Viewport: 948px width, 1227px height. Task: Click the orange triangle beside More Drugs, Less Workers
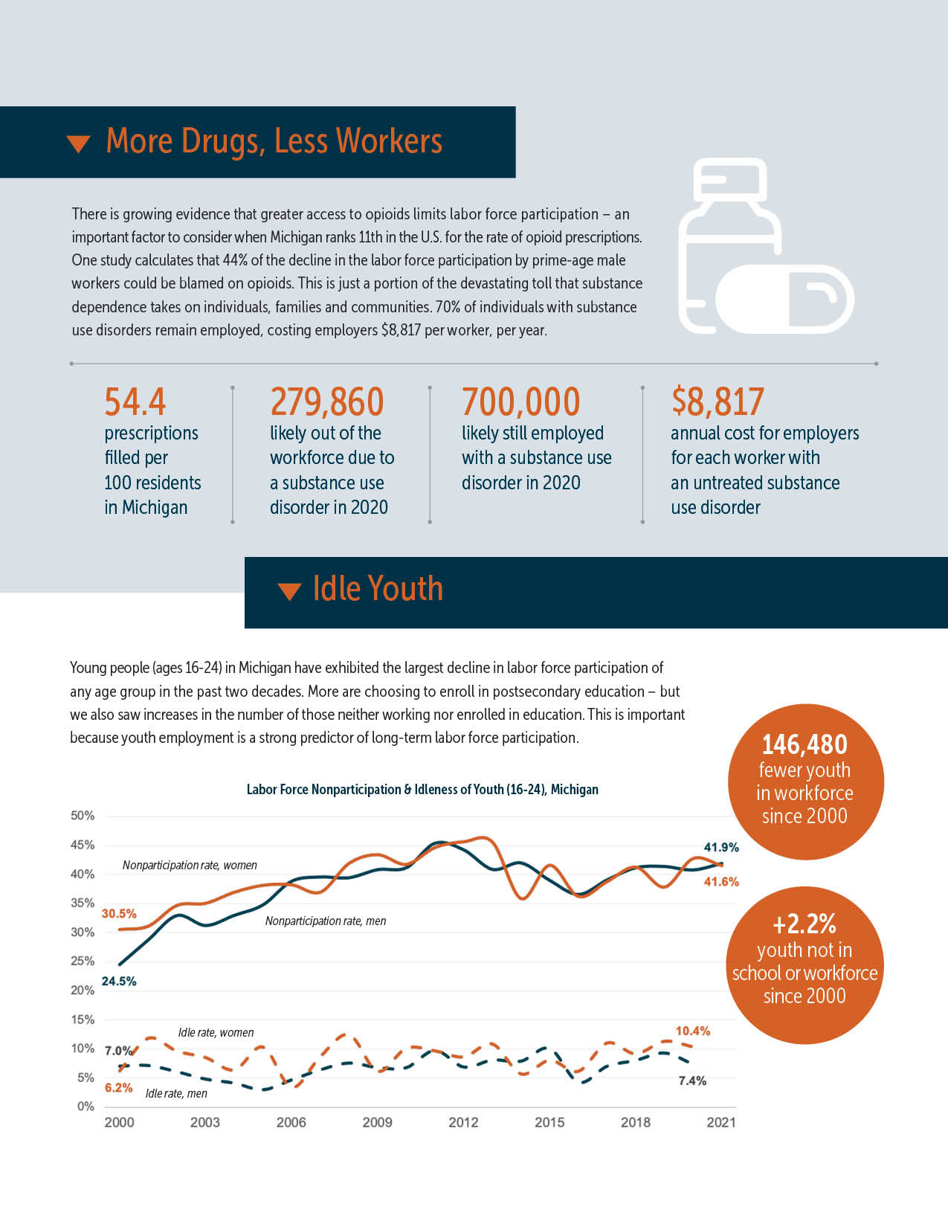coord(78,144)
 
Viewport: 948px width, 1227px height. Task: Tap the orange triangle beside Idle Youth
coord(288,591)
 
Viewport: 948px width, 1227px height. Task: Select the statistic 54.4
coord(135,402)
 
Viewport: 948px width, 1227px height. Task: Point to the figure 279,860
coord(327,402)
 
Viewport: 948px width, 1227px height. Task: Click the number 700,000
coord(520,402)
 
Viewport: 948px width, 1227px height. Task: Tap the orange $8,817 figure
coord(718,402)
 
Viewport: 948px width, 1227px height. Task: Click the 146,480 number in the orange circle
coord(804,744)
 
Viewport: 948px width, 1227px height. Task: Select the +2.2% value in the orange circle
coord(804,924)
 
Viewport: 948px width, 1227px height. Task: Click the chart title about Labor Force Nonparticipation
coord(422,790)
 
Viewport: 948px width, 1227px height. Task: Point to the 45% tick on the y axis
coord(83,845)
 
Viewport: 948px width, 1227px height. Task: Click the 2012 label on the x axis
coord(463,1122)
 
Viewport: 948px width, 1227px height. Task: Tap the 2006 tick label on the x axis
coord(291,1122)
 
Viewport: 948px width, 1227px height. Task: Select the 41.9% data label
coord(721,847)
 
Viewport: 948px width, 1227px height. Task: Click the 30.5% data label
coord(119,914)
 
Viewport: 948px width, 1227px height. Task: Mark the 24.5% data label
coord(119,982)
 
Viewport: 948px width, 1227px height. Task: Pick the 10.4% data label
coord(692,1031)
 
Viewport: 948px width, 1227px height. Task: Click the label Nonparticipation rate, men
coord(326,921)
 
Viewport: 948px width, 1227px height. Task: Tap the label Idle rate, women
coord(216,1033)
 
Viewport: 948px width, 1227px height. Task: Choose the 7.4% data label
coord(692,1081)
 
